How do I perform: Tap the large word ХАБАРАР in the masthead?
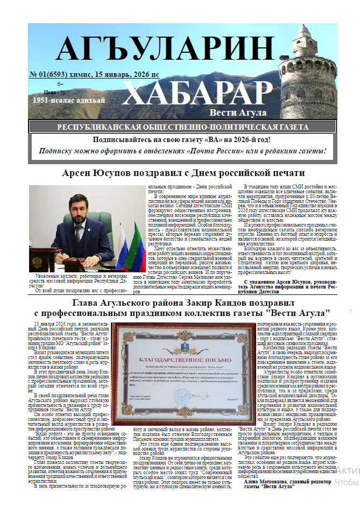pos(194,91)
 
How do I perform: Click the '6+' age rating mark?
pos(60,83)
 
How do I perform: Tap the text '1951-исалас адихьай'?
pos(61,100)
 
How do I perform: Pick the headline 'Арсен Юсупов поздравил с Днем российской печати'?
pos(183,173)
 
